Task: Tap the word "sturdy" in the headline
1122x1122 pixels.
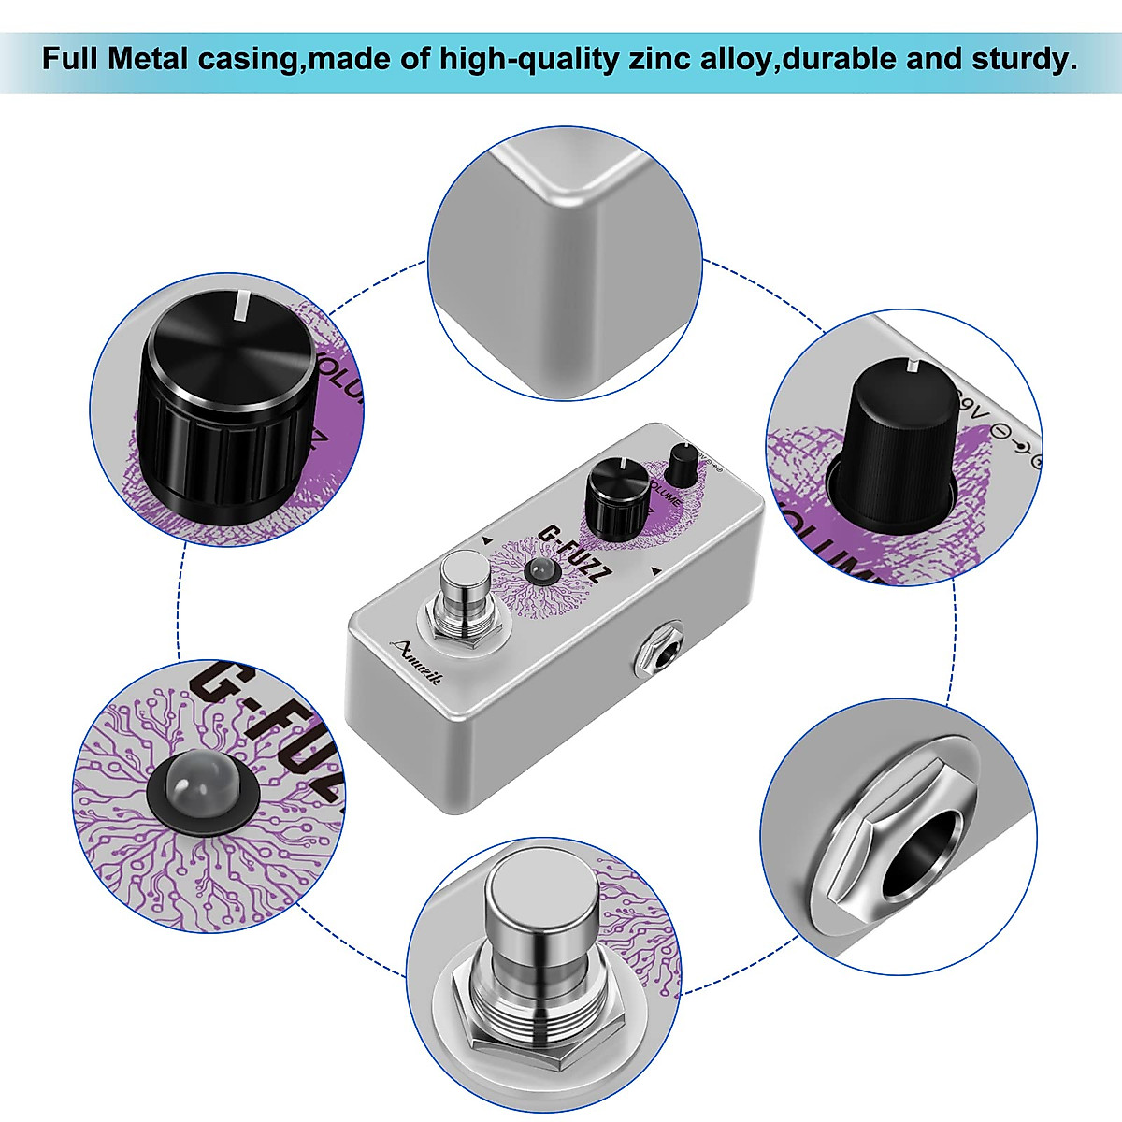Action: point(1023,60)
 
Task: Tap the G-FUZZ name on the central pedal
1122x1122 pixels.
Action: point(569,554)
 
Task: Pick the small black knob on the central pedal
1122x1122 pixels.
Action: point(683,464)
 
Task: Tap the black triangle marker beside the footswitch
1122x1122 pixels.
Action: point(487,540)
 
